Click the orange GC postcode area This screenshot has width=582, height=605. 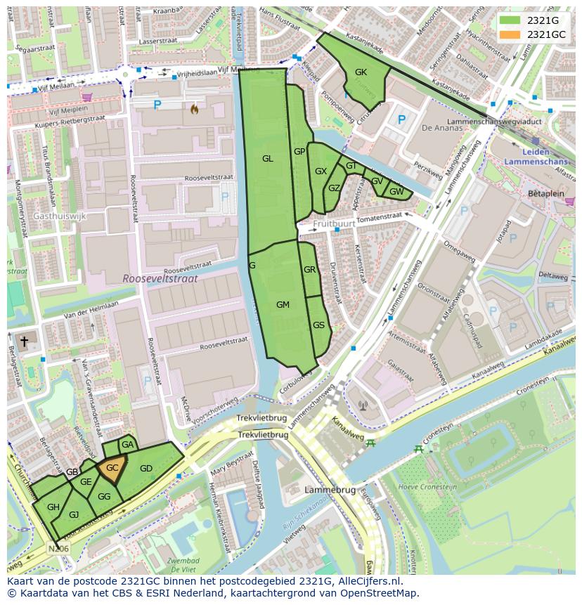coord(112,469)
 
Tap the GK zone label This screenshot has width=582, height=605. coord(361,72)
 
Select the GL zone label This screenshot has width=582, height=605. coord(267,159)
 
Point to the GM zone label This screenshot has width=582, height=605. coord(283,305)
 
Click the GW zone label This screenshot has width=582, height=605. coord(396,192)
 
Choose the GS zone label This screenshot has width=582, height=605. coord(318,325)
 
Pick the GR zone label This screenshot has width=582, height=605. coord(309,270)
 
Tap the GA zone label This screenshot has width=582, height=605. coord(127,445)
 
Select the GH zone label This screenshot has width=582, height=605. coord(53,507)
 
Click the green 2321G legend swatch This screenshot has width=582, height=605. coord(510,20)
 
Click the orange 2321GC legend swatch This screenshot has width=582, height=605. coord(510,34)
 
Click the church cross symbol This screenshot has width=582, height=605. coord(24,341)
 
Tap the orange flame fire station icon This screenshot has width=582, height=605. coord(194,109)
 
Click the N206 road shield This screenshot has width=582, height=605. coord(59,548)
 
